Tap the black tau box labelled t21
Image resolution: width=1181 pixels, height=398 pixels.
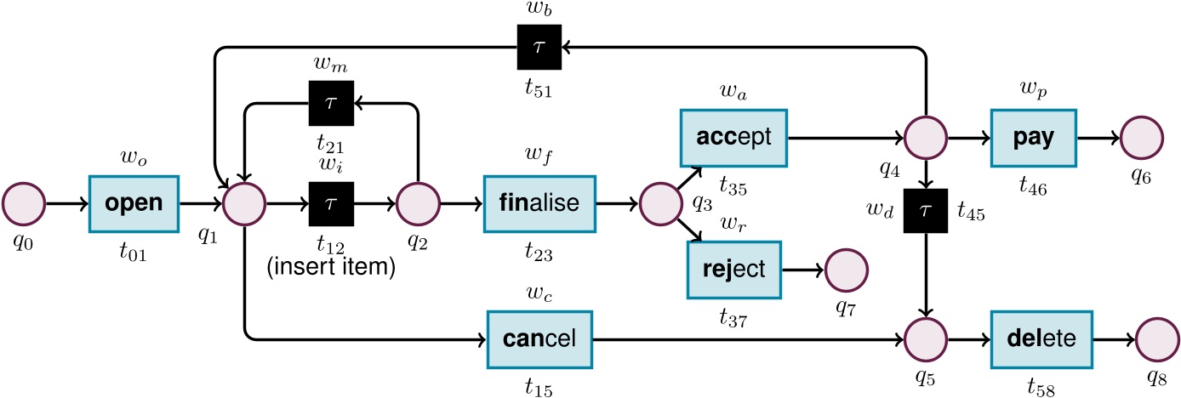[x=330, y=103]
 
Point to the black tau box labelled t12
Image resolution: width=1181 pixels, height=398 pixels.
[x=330, y=205]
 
